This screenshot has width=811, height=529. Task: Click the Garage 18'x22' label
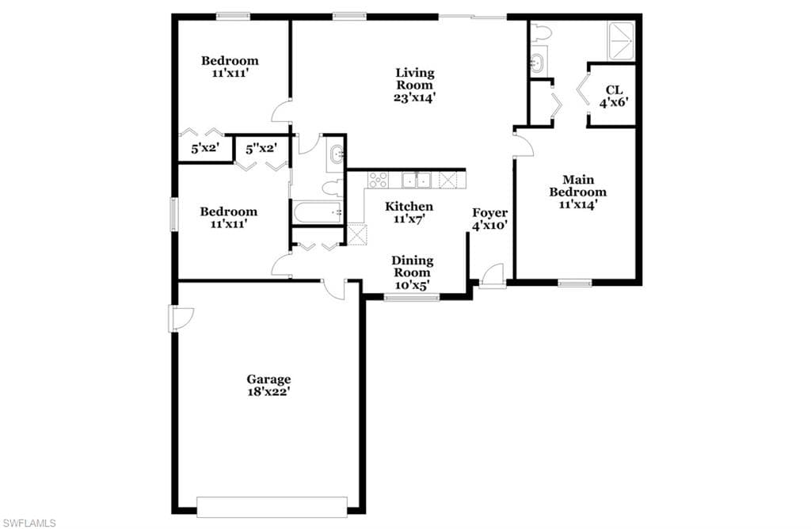(x=268, y=385)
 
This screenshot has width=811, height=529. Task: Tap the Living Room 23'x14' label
(x=415, y=85)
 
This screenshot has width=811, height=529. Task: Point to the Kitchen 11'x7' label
(x=409, y=212)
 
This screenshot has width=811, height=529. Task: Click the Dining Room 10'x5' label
(x=412, y=273)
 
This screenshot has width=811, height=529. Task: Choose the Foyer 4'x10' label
(x=489, y=219)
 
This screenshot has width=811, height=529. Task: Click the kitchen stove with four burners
(x=378, y=180)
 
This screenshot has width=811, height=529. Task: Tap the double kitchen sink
(x=416, y=181)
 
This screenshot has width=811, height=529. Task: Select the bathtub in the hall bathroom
(x=317, y=212)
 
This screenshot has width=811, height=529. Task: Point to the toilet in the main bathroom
(x=541, y=32)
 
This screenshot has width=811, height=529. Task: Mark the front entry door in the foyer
(x=492, y=276)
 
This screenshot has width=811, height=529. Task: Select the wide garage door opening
(x=272, y=506)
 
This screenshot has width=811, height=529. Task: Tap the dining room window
(x=411, y=297)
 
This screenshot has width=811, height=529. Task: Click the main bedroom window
(x=575, y=282)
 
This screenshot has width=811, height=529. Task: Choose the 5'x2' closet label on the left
(x=205, y=148)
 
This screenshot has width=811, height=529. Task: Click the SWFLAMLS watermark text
(x=29, y=522)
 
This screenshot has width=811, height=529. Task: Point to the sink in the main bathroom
(x=538, y=63)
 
